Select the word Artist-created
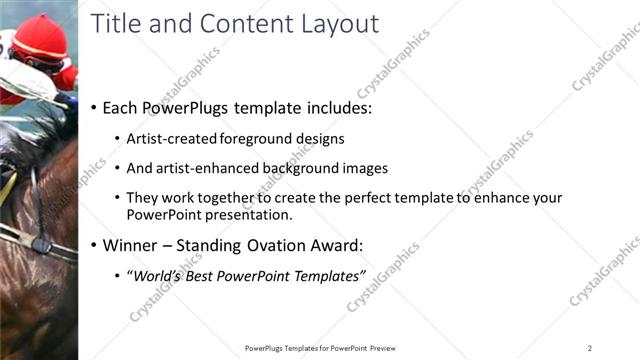(x=174, y=139)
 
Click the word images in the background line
(x=362, y=169)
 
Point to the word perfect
(x=357, y=198)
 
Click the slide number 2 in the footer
(x=589, y=348)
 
